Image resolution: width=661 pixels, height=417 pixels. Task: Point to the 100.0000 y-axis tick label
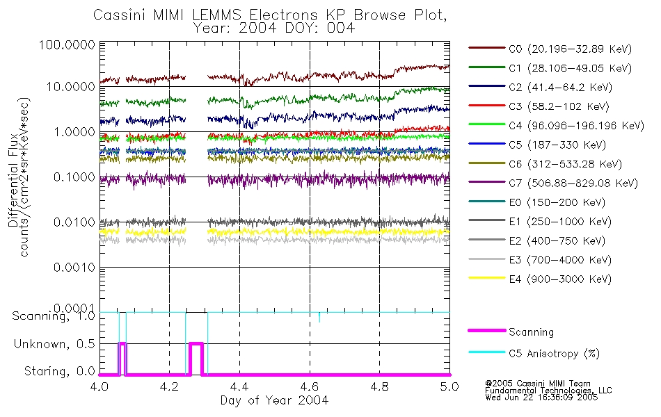click(67, 44)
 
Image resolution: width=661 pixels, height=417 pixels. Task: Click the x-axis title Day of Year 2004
click(274, 400)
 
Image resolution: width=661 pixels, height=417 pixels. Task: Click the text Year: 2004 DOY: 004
click(275, 28)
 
